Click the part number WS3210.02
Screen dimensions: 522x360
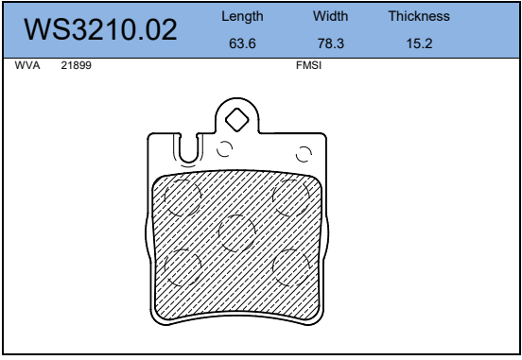point(100,29)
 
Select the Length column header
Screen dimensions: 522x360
point(242,17)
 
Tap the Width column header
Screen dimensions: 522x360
point(331,16)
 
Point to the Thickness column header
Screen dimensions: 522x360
point(419,16)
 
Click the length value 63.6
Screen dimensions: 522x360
point(242,43)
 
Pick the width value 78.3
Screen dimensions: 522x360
point(331,43)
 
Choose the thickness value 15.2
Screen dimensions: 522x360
point(419,43)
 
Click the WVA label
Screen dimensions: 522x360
point(27,65)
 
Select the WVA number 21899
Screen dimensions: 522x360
point(76,65)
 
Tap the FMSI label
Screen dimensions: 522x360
point(308,65)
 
